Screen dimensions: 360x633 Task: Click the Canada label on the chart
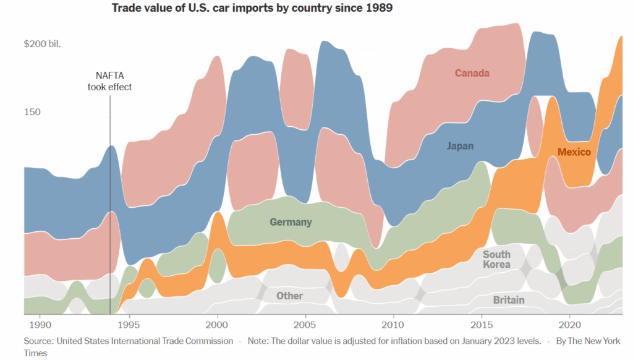[472, 73]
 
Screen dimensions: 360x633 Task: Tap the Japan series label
[460, 146]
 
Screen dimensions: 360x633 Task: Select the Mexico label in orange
[574, 152]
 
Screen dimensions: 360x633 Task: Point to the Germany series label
[291, 222]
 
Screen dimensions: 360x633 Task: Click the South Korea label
[496, 259]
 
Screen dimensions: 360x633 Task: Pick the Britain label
[509, 300]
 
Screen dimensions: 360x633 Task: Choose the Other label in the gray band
[289, 296]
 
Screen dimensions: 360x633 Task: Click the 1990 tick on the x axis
[40, 325]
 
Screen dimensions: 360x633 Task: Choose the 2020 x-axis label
[570, 325]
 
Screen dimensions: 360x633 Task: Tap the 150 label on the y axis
[32, 112]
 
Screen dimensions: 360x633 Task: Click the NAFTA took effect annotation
[109, 80]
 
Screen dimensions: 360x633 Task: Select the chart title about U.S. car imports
[252, 9]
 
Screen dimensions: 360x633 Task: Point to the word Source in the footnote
[38, 341]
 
